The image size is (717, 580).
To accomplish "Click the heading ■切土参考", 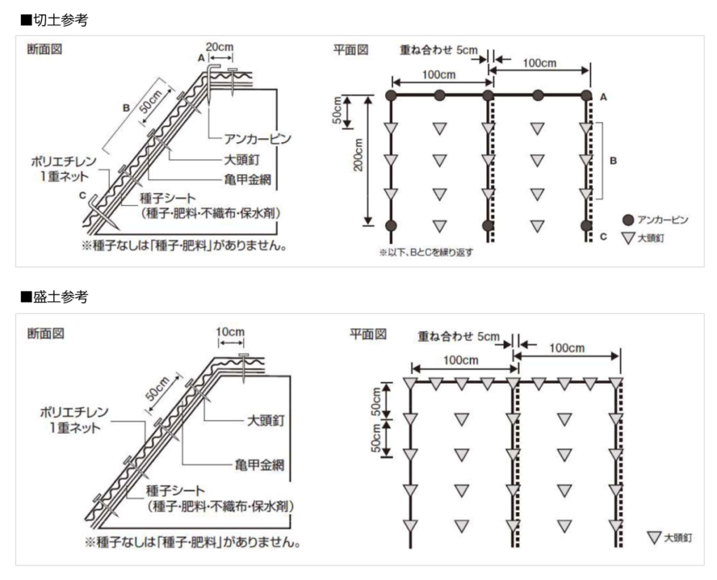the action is tap(54, 20).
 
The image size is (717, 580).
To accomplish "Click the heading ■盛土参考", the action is tap(54, 297).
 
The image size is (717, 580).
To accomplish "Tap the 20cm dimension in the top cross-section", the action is tap(219, 47).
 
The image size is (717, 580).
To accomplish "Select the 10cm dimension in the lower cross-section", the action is tap(230, 331).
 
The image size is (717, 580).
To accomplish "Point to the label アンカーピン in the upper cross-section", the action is tap(258, 138).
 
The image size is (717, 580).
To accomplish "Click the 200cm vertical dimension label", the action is tap(358, 155).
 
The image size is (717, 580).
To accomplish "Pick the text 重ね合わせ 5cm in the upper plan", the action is tap(438, 50).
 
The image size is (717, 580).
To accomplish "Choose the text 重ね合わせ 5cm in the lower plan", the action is tap(459, 337).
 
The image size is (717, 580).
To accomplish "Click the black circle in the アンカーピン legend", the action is tap(628, 220).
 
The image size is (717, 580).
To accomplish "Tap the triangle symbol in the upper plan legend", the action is tap(629, 238).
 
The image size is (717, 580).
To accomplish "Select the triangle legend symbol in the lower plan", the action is tap(655, 537).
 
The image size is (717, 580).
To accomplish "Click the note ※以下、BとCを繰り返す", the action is tap(426, 252).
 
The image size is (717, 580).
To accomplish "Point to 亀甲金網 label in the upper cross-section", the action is tap(247, 180).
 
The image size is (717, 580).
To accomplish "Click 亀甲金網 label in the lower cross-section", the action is tap(260, 465).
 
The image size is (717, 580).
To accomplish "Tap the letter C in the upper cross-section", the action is tap(83, 195).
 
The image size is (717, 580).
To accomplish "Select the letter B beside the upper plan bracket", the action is tap(613, 160).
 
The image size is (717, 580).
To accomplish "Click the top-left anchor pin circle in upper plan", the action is tap(391, 95).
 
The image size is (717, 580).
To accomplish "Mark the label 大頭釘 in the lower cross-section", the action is tap(265, 420).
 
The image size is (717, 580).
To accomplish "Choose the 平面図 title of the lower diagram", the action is tap(368, 334).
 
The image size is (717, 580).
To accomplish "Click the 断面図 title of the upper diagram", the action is tap(45, 49).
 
